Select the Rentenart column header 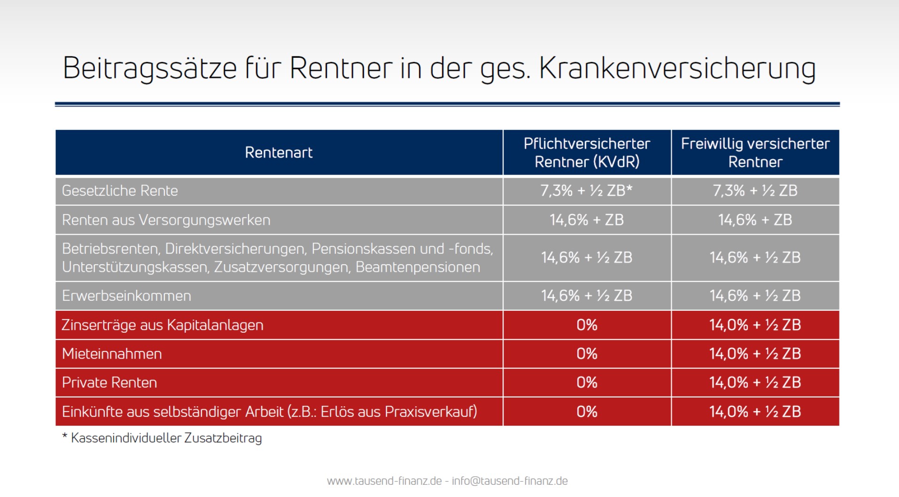click(279, 153)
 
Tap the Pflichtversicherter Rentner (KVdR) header click(587, 153)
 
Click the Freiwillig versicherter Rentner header click(755, 153)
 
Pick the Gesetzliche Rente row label click(120, 191)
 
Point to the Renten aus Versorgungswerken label click(166, 220)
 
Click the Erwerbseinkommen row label click(126, 296)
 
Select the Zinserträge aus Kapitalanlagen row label click(162, 325)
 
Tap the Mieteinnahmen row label click(112, 354)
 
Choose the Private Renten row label click(109, 382)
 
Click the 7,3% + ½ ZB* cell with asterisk click(587, 191)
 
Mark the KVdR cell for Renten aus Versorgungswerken click(587, 220)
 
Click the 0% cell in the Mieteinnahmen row click(587, 354)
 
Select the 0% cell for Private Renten click(587, 382)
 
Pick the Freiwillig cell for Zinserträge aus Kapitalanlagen click(755, 325)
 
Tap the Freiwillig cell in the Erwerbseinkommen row click(755, 296)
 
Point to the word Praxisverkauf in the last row click(429, 412)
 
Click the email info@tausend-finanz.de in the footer click(510, 481)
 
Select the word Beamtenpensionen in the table click(418, 267)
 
